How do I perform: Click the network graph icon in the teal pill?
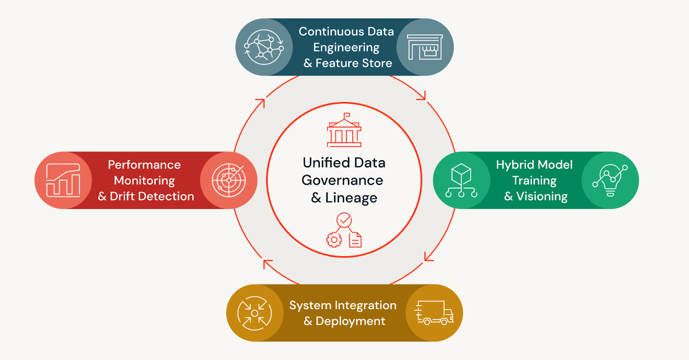264,47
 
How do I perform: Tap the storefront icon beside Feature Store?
425,47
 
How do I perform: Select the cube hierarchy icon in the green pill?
461,180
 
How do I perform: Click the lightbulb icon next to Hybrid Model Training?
610,180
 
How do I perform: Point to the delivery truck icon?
434,313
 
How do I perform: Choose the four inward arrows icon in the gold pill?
254,313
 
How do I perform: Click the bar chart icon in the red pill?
63,180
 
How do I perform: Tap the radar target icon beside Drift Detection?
229,180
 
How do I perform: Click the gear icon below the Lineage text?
334,240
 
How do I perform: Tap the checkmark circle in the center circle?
344,220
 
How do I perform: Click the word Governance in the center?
342,180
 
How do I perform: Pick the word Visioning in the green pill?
542,196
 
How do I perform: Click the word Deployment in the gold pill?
350,321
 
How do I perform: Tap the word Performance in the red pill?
144,165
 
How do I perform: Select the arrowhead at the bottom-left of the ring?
267,263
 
